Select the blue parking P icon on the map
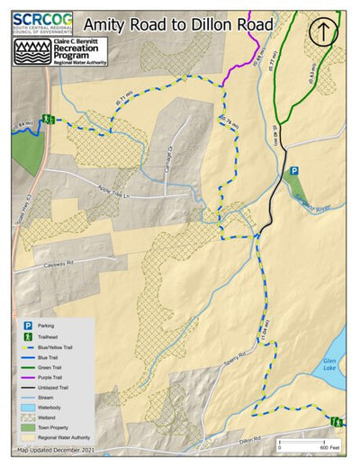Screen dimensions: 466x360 click(292, 172)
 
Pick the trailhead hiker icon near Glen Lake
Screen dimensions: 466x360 click(336, 421)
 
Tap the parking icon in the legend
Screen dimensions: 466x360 click(29, 325)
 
